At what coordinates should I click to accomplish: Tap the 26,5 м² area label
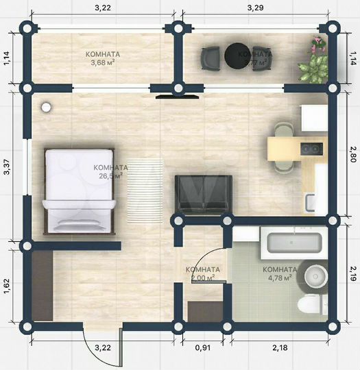click(x=110, y=175)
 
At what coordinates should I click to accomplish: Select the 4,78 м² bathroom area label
click(x=280, y=277)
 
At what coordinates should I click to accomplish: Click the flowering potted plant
click(x=317, y=47)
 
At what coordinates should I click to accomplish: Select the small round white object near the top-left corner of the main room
click(x=46, y=107)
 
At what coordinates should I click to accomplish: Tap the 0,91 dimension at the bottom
click(x=204, y=348)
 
